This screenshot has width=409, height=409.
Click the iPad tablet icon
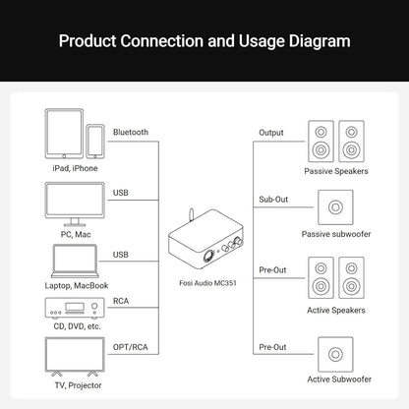(64, 134)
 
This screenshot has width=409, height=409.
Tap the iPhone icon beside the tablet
(95, 142)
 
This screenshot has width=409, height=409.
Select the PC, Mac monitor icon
(75, 204)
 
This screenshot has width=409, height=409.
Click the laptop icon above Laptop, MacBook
(75, 262)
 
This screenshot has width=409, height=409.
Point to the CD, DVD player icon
(75, 308)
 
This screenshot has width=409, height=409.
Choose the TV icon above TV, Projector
(75, 357)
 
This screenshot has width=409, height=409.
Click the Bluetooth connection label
(131, 132)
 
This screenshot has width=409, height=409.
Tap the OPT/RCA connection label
(131, 347)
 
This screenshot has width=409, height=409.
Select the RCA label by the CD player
(121, 301)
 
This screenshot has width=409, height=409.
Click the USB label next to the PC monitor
(121, 193)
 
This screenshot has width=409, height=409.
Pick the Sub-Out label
(273, 200)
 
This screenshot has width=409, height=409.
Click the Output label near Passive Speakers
(271, 133)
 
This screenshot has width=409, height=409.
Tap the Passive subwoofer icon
(335, 207)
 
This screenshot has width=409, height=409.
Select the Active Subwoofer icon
(335, 354)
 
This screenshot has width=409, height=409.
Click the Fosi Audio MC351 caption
(207, 283)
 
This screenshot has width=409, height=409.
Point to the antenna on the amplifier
(191, 215)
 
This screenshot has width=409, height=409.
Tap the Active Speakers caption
(336, 310)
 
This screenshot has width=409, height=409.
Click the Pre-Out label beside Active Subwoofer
(272, 347)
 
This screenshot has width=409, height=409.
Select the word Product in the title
(88, 41)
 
